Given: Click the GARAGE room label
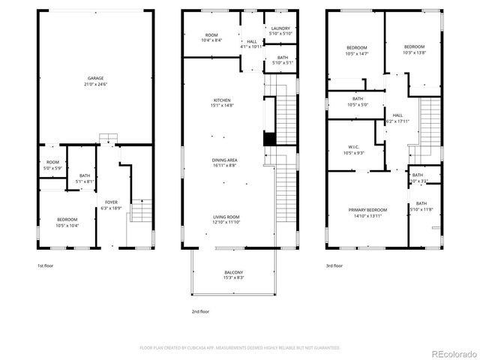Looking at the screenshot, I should click(95, 79).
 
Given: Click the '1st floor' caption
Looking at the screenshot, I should click(46, 265).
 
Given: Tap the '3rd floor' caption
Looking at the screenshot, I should click(334, 265).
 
